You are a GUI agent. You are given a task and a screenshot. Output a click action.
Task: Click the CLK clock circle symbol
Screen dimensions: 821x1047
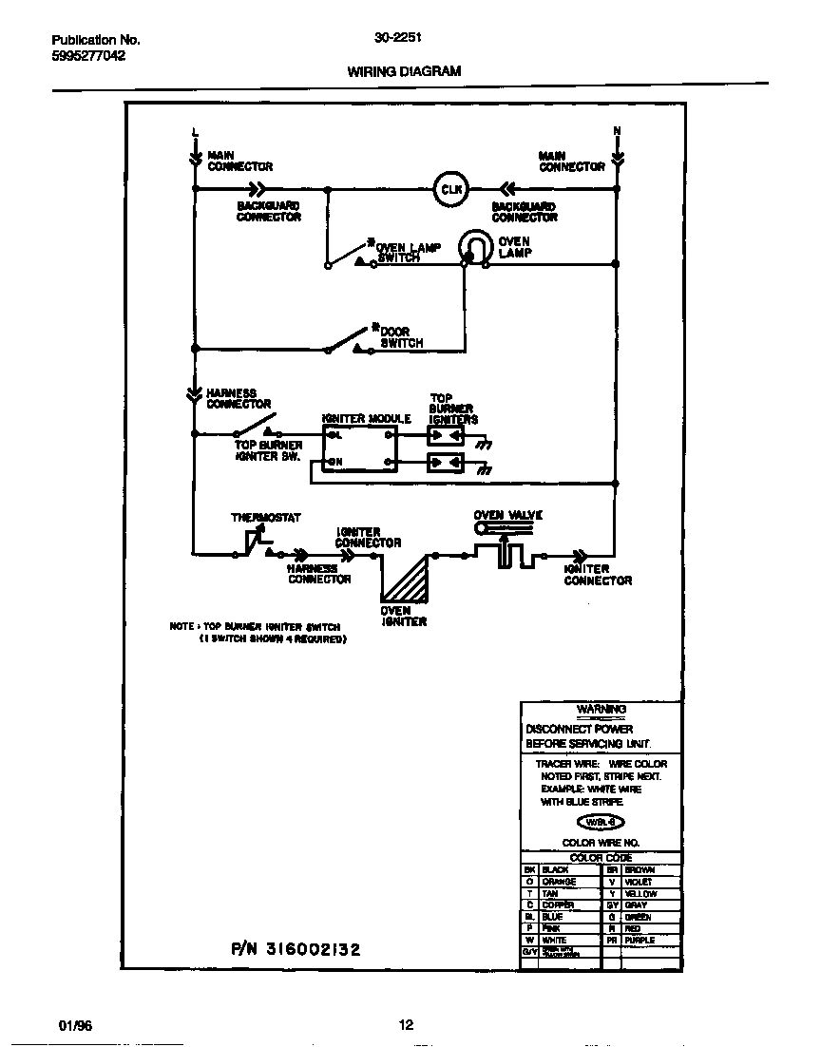pos(450,189)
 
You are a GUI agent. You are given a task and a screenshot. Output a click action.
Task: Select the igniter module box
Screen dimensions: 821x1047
pos(359,447)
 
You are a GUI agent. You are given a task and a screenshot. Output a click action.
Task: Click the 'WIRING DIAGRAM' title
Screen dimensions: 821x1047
pos(404,71)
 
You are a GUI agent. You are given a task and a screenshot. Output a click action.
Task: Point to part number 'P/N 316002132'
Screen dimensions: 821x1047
pos(296,949)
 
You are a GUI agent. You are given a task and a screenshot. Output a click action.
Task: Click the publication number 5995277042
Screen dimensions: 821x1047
pos(88,55)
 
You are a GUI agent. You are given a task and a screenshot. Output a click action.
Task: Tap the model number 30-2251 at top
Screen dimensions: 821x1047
pos(398,39)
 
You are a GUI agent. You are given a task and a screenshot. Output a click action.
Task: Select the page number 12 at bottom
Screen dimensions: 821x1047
pos(406,1025)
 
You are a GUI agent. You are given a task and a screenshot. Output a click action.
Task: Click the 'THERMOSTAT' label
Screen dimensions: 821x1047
pos(266,518)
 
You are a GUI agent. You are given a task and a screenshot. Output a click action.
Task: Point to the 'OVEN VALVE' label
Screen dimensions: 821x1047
pos(508,515)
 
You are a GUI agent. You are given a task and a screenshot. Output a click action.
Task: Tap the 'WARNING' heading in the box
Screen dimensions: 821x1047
pos(601,710)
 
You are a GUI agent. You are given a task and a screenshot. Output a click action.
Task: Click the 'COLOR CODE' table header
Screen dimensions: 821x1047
pos(601,858)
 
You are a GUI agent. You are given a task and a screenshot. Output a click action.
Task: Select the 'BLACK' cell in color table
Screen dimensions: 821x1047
pos(556,870)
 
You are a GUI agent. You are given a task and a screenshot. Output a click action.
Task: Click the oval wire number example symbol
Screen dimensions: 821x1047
pos(601,824)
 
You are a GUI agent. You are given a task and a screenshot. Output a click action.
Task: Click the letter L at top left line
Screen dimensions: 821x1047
pos(195,131)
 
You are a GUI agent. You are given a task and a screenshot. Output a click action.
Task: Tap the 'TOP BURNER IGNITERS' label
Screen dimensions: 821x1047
pos(452,409)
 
